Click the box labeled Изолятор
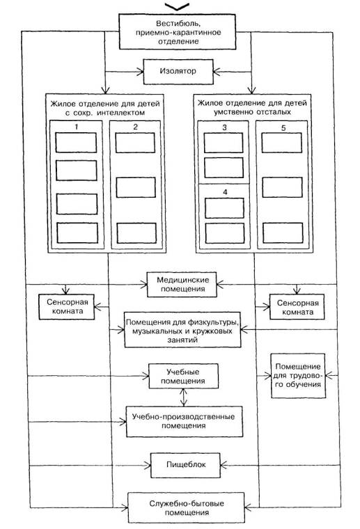click(x=178, y=72)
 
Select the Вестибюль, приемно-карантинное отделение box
click(x=178, y=32)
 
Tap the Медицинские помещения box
click(x=182, y=285)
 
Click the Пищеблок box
click(x=185, y=465)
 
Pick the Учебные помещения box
click(x=183, y=376)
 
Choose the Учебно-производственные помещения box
click(x=185, y=421)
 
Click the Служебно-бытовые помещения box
click(x=186, y=507)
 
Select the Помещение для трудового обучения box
click(x=298, y=375)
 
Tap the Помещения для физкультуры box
click(x=182, y=330)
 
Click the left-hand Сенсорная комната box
click(x=66, y=307)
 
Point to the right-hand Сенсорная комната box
click(x=297, y=307)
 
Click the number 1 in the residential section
click(x=77, y=127)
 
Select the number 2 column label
click(x=135, y=127)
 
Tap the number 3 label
click(x=225, y=127)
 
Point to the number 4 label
click(x=225, y=192)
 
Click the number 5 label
click(x=283, y=128)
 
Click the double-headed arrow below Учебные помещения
click(x=183, y=397)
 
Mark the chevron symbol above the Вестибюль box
click(x=177, y=6)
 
